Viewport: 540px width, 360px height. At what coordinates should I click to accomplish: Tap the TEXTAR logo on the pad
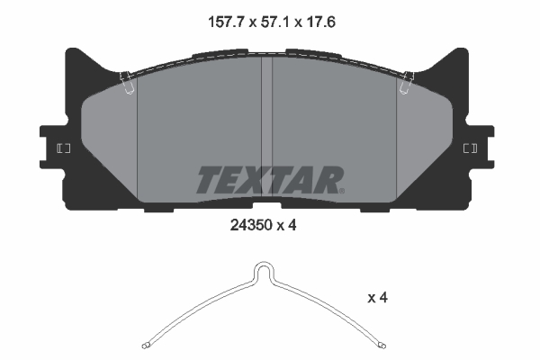268,180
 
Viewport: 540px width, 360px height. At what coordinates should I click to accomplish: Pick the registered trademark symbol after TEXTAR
342,190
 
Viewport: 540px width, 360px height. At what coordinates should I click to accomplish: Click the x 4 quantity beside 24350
287,228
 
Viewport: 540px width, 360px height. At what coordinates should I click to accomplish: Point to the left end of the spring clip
148,345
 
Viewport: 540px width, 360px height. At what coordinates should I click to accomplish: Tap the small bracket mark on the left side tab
64,148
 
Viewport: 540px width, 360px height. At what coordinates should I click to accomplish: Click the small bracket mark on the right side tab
470,148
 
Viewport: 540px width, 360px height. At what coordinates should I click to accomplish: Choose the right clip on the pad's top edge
407,82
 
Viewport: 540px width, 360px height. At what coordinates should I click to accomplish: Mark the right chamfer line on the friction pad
398,135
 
